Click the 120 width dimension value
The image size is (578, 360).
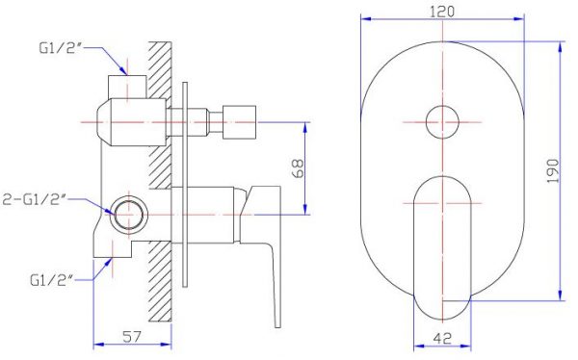pos(442,12)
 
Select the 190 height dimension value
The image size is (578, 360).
pos(553,170)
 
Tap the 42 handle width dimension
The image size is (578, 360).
pos(443,338)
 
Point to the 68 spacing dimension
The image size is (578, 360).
pos(299,168)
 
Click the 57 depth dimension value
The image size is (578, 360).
pos(132,337)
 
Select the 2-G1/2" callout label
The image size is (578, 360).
pos(35,199)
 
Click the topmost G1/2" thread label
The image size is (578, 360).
pos(59,48)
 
